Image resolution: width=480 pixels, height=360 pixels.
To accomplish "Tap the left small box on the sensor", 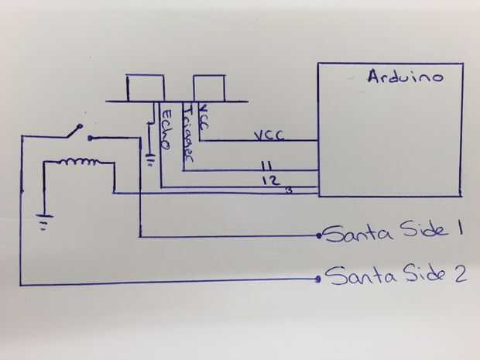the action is click(x=146, y=87).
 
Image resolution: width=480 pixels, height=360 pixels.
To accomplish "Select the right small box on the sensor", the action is click(x=208, y=87).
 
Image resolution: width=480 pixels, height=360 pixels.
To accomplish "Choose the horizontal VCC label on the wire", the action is click(x=269, y=135).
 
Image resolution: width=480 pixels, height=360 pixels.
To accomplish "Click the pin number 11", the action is click(x=266, y=165).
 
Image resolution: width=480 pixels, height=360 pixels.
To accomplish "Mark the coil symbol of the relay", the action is click(x=80, y=163).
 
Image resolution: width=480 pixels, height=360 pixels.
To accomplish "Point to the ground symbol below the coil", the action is click(x=47, y=224).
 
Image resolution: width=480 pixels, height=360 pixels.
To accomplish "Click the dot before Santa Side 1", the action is click(x=319, y=235).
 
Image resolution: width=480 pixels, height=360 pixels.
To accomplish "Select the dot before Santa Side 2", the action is click(x=318, y=279).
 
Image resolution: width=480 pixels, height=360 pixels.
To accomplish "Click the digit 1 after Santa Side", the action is click(x=458, y=230).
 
